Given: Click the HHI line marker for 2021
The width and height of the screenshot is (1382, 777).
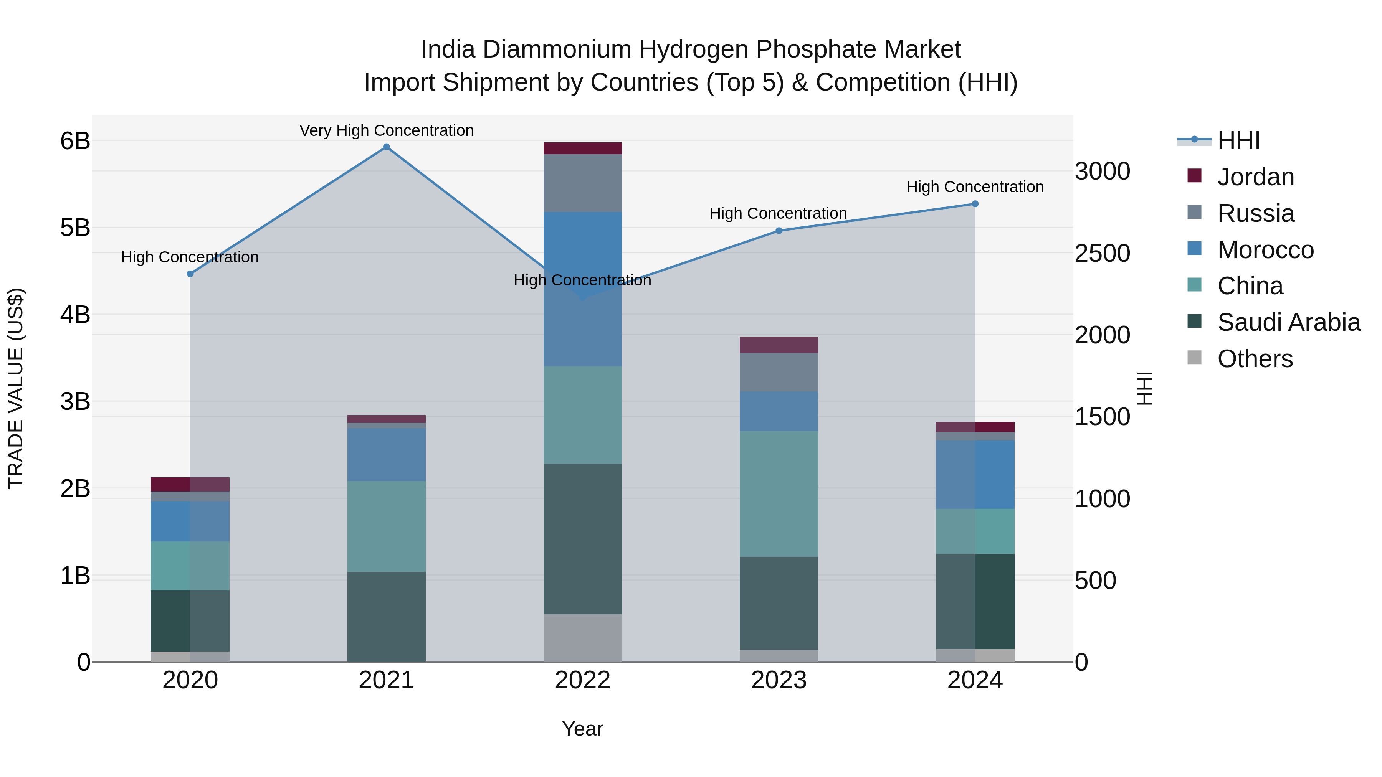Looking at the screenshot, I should coord(386,147).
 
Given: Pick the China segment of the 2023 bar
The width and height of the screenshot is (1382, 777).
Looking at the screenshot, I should coord(779,493).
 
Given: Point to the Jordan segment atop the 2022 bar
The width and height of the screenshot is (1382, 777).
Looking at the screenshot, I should coord(583,148).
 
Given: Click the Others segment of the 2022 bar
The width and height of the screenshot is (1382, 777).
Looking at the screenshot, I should coord(583,638).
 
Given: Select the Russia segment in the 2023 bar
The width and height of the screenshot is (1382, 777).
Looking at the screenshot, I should coord(779,372).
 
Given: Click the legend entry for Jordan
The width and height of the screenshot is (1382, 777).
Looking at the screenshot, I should coord(1255,177).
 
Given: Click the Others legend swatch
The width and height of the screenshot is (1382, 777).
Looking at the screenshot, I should coord(1195,358).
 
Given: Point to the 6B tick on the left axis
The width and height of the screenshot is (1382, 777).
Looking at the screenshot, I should coord(75,141).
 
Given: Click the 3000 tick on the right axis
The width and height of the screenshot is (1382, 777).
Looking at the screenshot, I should coord(1103,172).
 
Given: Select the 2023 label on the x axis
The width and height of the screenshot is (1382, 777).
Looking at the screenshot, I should coord(779,680).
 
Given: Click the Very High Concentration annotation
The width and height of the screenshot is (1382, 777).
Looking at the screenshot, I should coord(386,130).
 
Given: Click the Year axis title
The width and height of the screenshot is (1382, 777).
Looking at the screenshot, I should coord(583,729).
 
